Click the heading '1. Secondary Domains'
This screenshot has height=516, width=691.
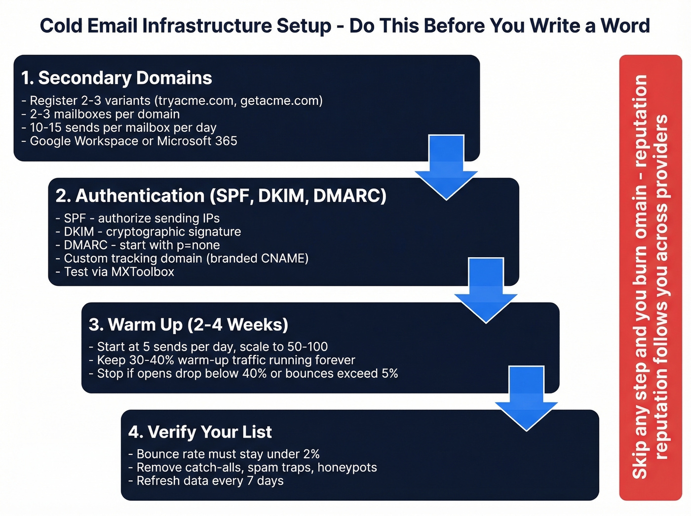point(116,78)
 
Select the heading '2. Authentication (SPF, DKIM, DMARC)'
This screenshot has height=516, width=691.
point(221,196)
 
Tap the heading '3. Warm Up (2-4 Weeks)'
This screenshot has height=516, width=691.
point(188,325)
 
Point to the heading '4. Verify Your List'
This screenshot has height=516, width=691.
point(200,432)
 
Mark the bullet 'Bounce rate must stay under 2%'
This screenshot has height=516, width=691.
point(224,454)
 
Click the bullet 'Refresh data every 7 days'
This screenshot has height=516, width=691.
point(206,481)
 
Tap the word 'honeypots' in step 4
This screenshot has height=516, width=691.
point(347,468)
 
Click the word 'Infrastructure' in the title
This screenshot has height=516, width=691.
point(207,26)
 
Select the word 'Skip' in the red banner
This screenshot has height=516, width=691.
point(640,465)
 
